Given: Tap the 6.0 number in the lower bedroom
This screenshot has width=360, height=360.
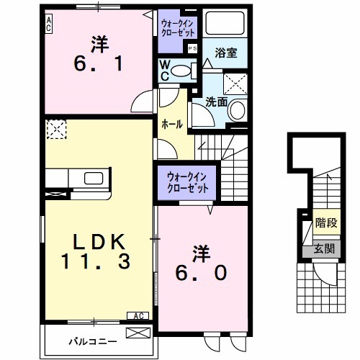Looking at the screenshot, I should pyautogui.click(x=201, y=272).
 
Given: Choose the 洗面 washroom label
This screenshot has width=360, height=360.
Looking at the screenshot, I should pyautogui.click(x=217, y=102).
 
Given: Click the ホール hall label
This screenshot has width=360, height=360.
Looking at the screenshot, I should pyautogui.click(x=171, y=124).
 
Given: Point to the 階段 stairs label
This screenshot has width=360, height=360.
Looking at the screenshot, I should pyautogui.click(x=325, y=223).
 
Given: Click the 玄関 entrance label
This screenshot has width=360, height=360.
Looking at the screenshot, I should pyautogui.click(x=324, y=249).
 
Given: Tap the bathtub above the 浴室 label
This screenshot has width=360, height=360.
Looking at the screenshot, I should pyautogui.click(x=225, y=25).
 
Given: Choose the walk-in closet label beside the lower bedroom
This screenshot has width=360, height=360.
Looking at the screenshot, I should pyautogui.click(x=186, y=181).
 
